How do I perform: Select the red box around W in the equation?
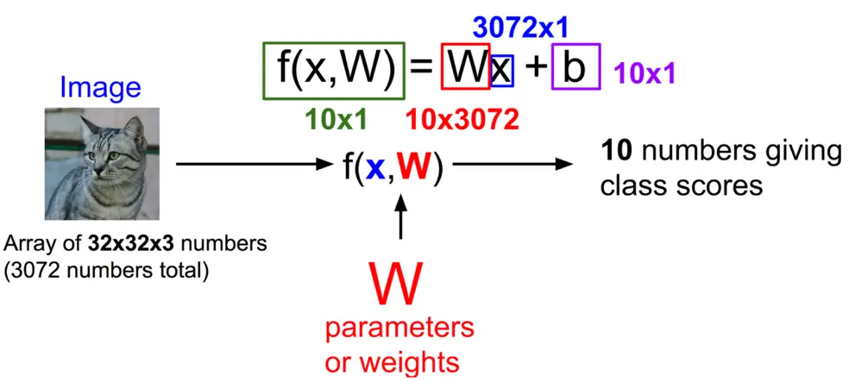click(466, 66)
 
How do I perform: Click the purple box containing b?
click(575, 66)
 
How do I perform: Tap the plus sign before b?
click(535, 68)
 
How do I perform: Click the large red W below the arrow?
click(397, 285)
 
